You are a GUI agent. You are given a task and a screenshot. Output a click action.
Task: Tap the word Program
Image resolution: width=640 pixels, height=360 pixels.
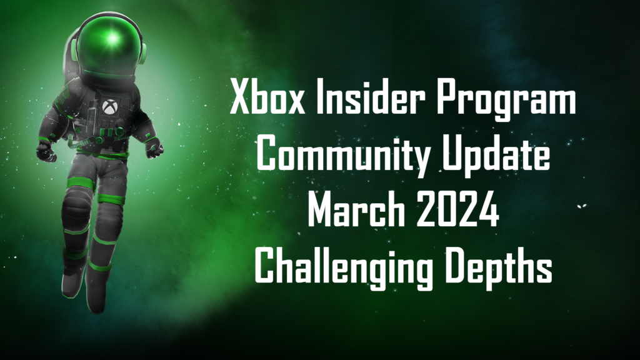coord(506,101)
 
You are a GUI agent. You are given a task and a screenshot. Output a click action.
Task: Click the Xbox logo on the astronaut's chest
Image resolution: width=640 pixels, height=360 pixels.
coord(109,107)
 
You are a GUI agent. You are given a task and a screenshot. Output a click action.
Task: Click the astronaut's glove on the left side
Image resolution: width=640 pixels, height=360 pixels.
coord(46,152)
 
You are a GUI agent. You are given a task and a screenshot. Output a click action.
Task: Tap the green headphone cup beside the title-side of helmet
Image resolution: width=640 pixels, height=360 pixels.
coord(142,53)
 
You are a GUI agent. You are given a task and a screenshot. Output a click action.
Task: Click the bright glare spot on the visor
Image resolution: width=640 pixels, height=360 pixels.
coord(112,39)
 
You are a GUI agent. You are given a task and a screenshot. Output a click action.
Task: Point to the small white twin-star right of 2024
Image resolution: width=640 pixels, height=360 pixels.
coord(582,206)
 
